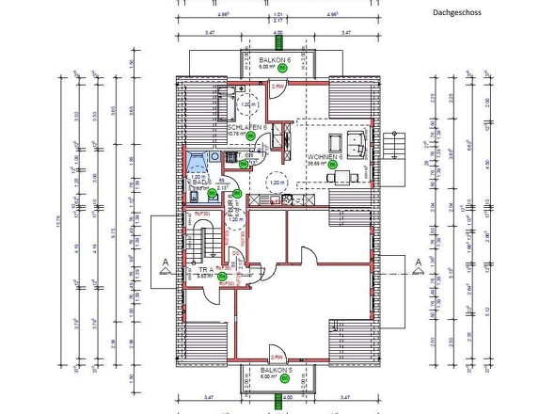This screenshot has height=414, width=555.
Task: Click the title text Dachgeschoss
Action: click(456, 14)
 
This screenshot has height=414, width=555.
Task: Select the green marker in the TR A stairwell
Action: click(222, 277)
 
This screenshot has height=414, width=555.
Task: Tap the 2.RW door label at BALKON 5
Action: click(277, 358)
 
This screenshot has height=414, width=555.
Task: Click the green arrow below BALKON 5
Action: click(277, 400)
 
